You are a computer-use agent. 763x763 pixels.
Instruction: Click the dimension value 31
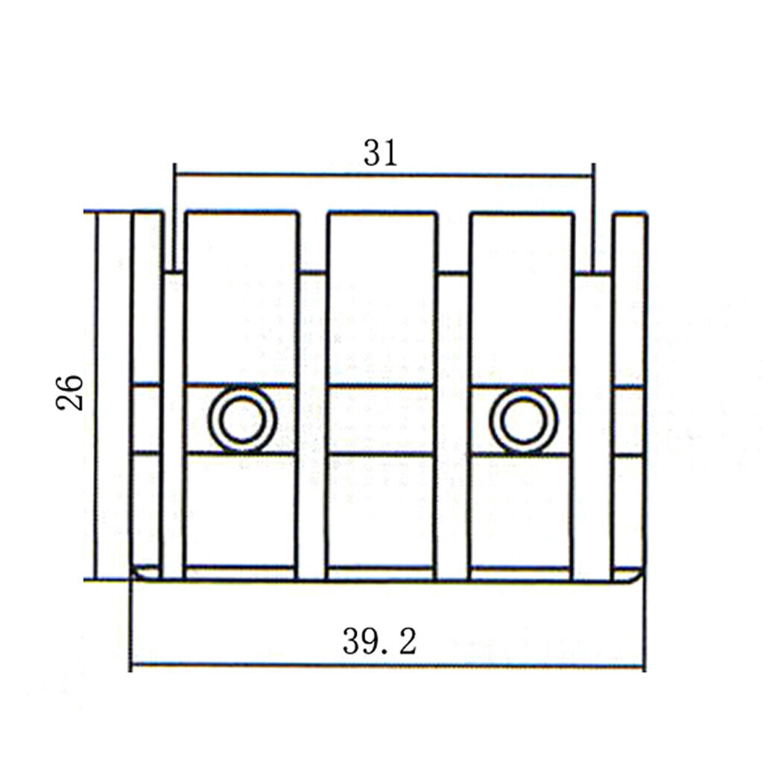click(381, 153)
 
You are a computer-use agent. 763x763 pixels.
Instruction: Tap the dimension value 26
click(69, 393)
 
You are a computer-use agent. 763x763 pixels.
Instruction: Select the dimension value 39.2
click(379, 641)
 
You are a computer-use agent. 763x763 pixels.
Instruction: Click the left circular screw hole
click(243, 420)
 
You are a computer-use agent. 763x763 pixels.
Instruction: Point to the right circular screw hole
click(524, 420)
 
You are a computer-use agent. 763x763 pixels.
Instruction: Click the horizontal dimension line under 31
click(384, 174)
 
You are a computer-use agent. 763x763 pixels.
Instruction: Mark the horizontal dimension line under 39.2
click(387, 665)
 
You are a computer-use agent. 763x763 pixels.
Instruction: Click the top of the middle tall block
click(381, 213)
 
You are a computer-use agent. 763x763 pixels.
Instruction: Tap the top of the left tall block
click(242, 213)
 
